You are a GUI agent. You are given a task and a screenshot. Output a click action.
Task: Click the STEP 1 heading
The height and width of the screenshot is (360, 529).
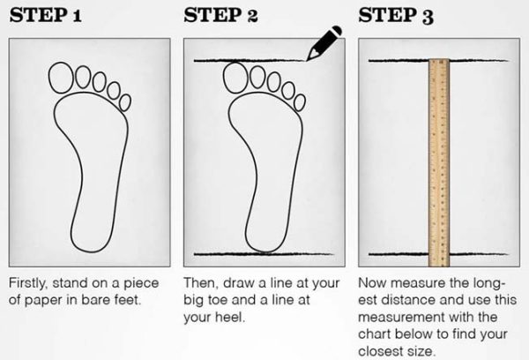click(46, 16)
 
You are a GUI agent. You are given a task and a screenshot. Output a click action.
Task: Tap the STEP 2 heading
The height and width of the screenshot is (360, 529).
click(220, 16)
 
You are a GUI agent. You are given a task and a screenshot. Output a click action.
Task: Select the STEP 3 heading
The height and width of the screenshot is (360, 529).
click(396, 16)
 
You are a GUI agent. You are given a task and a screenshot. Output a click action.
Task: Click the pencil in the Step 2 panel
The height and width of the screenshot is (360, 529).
click(324, 43)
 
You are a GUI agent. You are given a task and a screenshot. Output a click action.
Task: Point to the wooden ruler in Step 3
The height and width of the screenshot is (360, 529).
click(439, 162)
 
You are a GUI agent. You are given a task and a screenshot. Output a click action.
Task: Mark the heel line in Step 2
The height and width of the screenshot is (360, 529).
click(264, 253)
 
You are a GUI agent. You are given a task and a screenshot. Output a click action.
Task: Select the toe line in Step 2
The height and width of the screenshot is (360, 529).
click(250, 61)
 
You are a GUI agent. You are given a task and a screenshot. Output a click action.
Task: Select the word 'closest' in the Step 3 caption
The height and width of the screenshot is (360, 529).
click(379, 351)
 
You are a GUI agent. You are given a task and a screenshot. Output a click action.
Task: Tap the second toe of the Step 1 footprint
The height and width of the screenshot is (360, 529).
click(83, 77)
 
